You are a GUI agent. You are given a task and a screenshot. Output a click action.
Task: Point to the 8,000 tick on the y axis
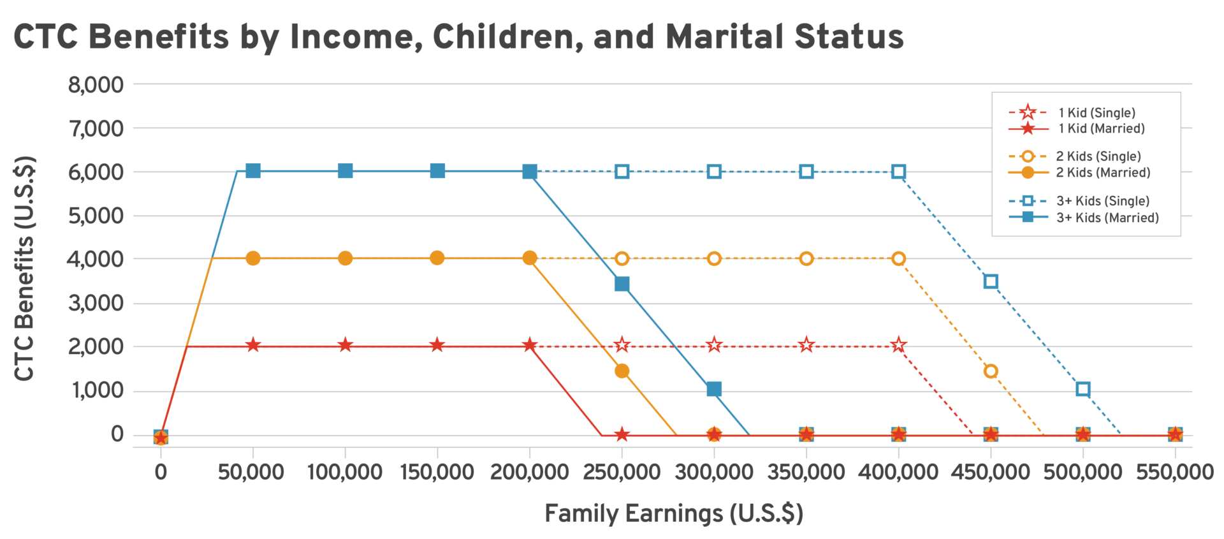96,84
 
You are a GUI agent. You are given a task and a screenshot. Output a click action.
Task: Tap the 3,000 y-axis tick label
96,303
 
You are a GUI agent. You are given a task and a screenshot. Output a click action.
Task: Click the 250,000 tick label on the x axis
622,473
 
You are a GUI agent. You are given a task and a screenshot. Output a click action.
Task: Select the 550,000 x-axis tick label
1174,473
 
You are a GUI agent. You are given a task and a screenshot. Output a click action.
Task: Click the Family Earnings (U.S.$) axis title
674,513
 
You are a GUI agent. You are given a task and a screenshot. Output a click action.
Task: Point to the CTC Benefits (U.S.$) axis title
24,268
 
